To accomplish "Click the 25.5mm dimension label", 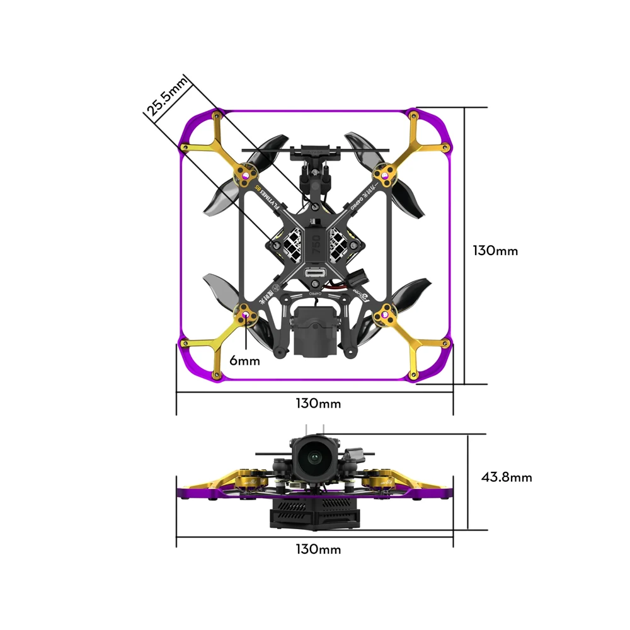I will click(168, 96).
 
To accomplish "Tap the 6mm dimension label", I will click(244, 360).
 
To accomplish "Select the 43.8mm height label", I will click(507, 478).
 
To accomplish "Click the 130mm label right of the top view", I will click(495, 251).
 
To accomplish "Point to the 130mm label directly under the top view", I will click(318, 403).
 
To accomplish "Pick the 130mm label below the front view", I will click(318, 549).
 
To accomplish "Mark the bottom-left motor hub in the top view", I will click(245, 313).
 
